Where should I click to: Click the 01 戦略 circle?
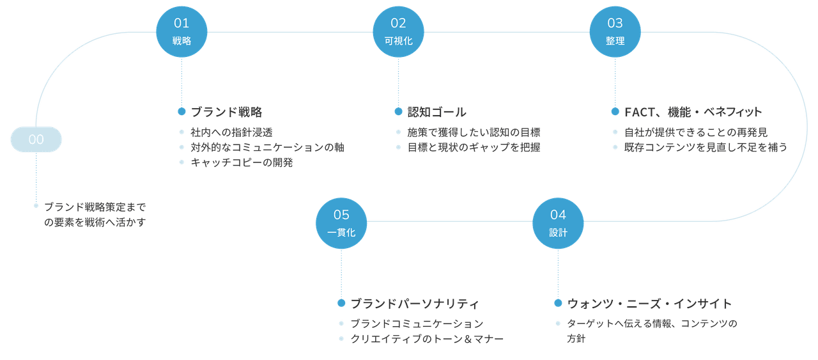181,32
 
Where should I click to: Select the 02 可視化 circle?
398,32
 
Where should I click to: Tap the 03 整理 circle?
615,32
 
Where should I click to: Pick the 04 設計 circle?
558,223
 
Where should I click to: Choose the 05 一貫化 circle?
341,223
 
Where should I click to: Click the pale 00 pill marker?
36,139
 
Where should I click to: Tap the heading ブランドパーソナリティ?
414,304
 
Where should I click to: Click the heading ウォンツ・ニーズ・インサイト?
649,304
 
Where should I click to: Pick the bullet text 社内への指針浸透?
231,132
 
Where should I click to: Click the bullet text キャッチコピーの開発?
242,162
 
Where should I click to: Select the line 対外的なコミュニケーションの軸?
267,147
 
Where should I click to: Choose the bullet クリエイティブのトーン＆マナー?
427,339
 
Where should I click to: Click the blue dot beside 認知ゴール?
398,111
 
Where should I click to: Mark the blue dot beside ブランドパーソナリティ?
341,303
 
